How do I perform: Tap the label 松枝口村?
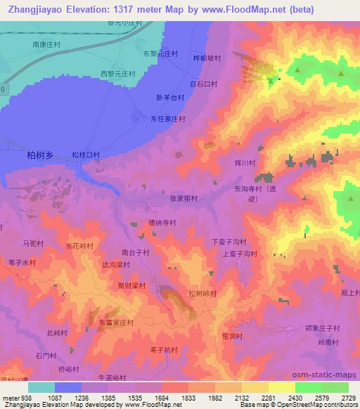86,154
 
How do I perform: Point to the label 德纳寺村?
161,222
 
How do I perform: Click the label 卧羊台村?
169,99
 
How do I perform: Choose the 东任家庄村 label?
167,119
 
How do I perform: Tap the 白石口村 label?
204,84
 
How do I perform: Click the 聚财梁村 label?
131,285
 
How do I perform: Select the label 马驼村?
34,243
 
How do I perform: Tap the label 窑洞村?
232,336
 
